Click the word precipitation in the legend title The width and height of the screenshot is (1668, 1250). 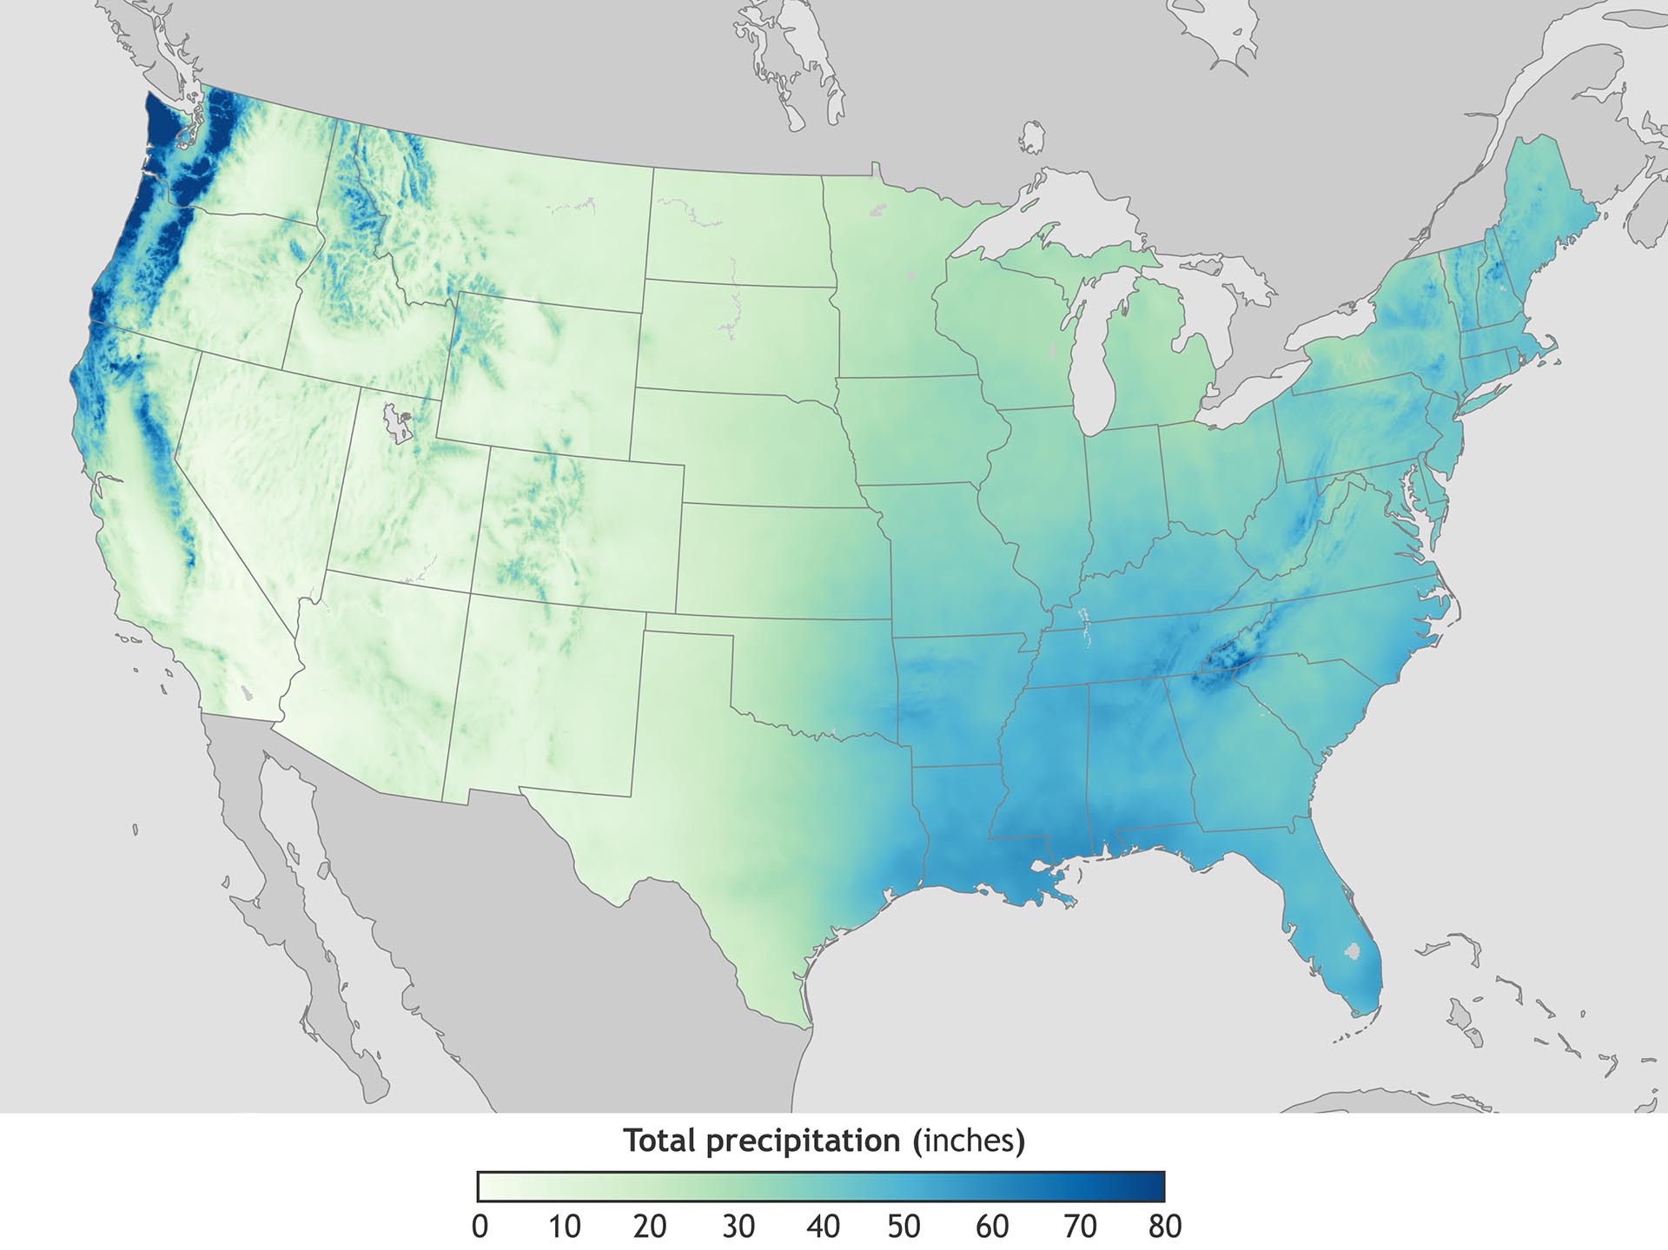tap(803, 1141)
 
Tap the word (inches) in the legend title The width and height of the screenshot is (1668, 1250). tap(969, 1141)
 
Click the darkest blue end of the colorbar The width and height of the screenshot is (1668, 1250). tap(1155, 1187)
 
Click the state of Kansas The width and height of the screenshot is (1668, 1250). tap(782, 560)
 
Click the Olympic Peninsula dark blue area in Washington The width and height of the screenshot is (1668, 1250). tap(161, 130)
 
